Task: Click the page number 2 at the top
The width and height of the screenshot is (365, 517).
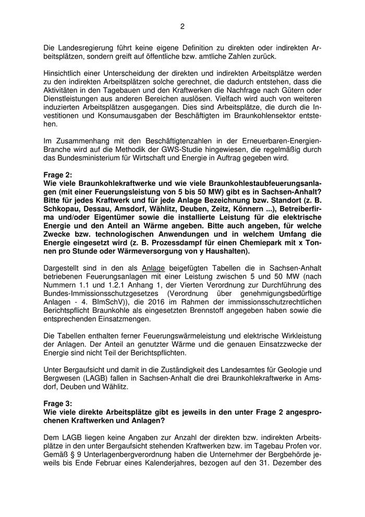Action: [x=182, y=27]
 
